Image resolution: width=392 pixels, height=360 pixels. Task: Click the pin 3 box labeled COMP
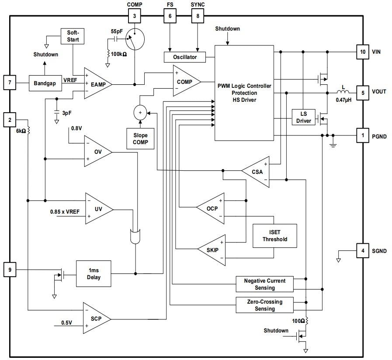(135, 17)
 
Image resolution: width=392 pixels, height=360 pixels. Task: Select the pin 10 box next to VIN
(362, 52)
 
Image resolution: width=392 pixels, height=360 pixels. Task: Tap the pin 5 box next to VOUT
(362, 92)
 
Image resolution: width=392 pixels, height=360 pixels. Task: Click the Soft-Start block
(73, 36)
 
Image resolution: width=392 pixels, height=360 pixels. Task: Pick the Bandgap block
(45, 83)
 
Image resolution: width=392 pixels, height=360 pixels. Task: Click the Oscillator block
(185, 57)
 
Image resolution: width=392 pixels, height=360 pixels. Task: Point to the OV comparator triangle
(97, 152)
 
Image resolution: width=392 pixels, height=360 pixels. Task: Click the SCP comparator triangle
(96, 318)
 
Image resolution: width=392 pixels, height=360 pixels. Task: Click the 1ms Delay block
(94, 274)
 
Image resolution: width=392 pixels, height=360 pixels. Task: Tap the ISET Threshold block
(275, 236)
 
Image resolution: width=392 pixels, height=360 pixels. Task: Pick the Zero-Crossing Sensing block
(265, 305)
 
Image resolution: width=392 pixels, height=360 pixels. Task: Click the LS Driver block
(304, 117)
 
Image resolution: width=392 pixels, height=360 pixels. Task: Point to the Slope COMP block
(140, 138)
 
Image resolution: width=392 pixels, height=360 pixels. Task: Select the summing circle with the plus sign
(140, 113)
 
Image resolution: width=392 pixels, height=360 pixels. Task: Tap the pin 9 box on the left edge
(10, 270)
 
